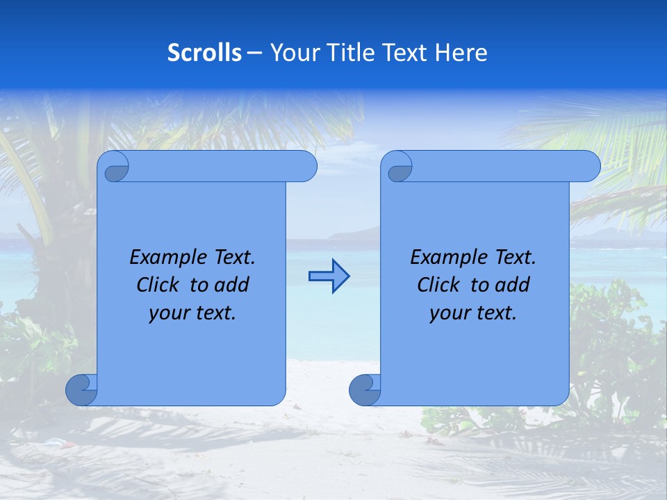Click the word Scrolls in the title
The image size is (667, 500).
click(204, 53)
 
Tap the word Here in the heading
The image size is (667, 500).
click(461, 53)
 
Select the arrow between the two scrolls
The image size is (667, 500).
click(329, 276)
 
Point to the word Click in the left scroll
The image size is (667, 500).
click(159, 285)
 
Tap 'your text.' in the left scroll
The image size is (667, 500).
click(192, 313)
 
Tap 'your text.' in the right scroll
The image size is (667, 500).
click(473, 313)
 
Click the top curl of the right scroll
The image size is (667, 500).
click(398, 167)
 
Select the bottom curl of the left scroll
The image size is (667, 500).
click(81, 390)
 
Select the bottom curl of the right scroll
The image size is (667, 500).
click(364, 390)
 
